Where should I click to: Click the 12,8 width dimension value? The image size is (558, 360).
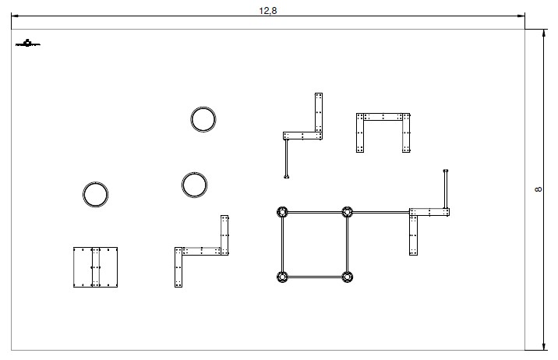point(268,11)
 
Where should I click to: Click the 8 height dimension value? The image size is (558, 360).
point(539,190)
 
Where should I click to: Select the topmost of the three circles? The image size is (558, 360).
point(203,119)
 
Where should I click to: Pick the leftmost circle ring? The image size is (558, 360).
point(95,194)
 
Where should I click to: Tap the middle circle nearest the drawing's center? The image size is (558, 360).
point(194,185)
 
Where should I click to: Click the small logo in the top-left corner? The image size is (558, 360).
point(27,44)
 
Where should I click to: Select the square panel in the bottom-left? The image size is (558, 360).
point(96,267)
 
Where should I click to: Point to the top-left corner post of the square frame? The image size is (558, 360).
point(282,211)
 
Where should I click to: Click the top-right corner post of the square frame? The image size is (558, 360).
point(348,211)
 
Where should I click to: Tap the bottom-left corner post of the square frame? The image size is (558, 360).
point(282,276)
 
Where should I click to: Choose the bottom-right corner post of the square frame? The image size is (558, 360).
point(348,276)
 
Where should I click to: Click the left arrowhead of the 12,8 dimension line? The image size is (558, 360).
point(15,16)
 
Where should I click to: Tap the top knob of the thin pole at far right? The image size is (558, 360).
point(446,169)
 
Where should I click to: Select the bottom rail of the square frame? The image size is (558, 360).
point(315,276)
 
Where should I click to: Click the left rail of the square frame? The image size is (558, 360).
point(282,243)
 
